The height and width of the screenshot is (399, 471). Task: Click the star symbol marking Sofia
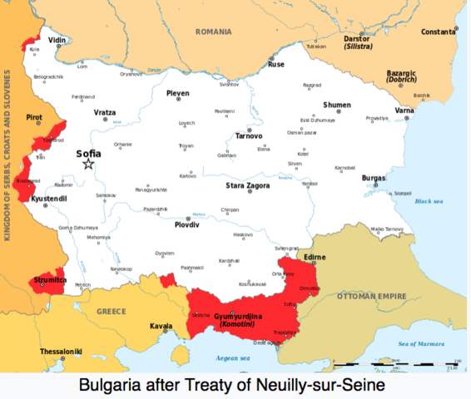88,165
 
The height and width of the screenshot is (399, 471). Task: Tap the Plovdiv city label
186,224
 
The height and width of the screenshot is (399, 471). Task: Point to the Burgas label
374,178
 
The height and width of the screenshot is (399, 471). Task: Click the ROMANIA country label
213,32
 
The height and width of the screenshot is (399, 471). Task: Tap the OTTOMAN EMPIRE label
371,295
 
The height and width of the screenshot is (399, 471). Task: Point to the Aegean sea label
234,358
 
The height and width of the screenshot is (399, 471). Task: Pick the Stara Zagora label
247,185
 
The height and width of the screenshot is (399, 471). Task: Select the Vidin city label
57,39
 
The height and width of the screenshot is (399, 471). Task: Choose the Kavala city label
161,326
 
